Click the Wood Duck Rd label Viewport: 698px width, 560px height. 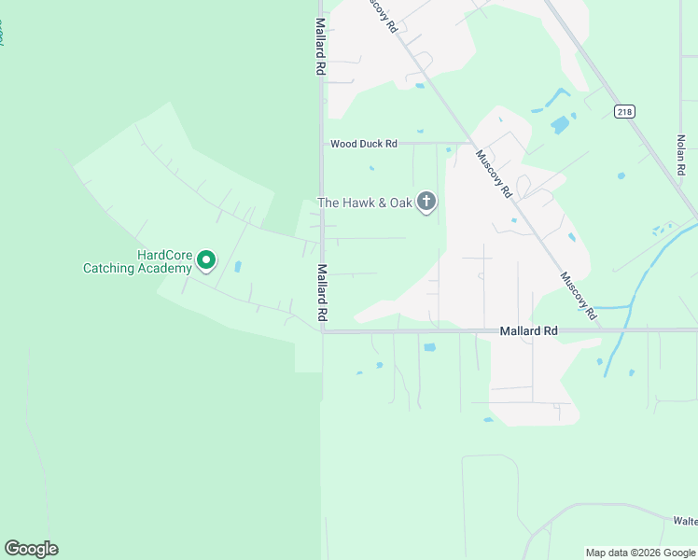tap(364, 144)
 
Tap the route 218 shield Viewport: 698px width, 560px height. tap(624, 111)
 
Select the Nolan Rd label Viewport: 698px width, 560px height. tap(681, 155)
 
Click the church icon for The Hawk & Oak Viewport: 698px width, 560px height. tap(426, 202)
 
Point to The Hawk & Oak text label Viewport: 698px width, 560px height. tap(365, 203)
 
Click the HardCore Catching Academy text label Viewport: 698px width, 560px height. tap(138, 261)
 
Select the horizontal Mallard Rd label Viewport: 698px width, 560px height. tap(528, 330)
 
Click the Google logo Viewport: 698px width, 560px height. tap(31, 549)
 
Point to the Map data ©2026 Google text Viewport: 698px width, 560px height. tap(640, 553)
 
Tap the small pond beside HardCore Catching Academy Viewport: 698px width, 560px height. tap(237, 267)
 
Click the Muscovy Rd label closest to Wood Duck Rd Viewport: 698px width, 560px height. tap(495, 174)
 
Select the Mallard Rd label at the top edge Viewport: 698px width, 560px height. tap(320, 47)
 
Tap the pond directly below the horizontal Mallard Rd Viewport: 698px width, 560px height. tap(429, 348)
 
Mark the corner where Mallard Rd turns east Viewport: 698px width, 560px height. tap(323, 330)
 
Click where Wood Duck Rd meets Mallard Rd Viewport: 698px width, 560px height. tap(322, 144)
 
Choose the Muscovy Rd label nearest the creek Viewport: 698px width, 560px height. tap(579, 296)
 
